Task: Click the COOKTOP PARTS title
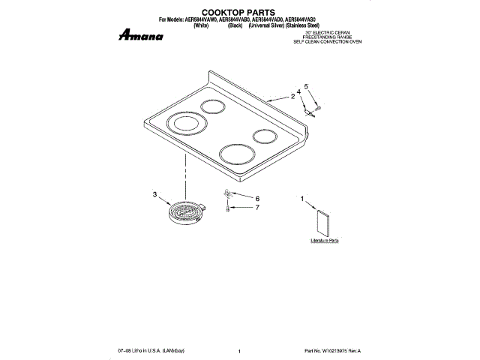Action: click(240, 13)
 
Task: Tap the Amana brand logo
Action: click(142, 35)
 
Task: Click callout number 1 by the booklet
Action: click(303, 199)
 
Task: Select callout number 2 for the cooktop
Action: click(292, 96)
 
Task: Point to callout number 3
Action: click(154, 195)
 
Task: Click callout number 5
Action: click(306, 86)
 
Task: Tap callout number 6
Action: click(256, 198)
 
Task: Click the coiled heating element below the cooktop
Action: click(184, 211)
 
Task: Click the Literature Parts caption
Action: click(325, 241)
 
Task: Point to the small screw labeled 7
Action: click(228, 208)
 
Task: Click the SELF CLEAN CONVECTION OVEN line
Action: click(328, 43)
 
